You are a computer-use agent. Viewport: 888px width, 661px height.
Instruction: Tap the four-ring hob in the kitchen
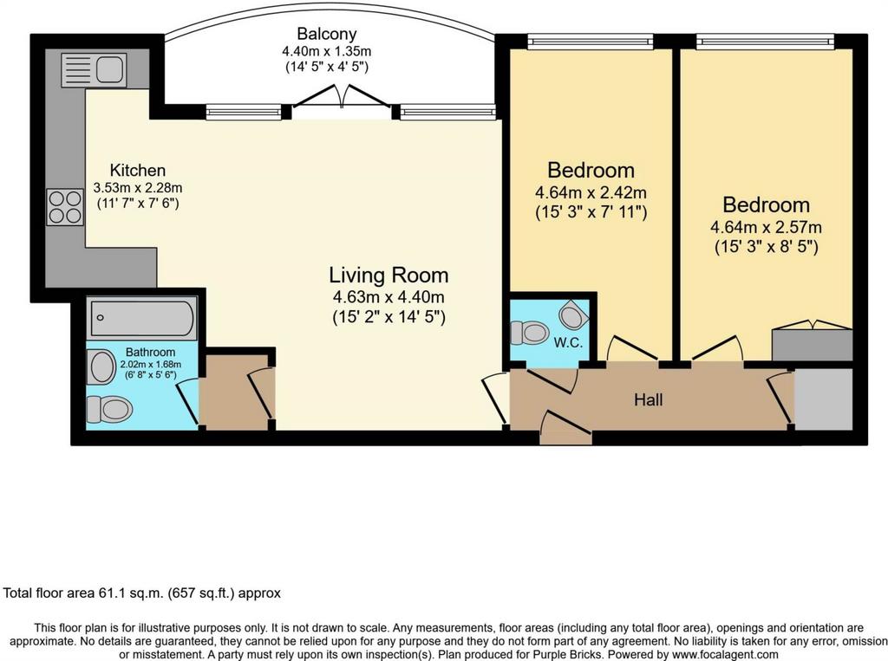click(x=65, y=207)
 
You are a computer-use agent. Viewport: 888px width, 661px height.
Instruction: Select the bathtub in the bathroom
click(x=141, y=318)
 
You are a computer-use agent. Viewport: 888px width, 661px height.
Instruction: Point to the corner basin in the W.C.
click(x=572, y=315)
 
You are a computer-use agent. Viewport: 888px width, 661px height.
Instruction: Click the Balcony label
click(x=327, y=34)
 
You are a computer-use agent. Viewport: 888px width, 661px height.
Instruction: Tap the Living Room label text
click(x=388, y=275)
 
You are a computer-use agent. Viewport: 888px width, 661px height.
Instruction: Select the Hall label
click(x=649, y=400)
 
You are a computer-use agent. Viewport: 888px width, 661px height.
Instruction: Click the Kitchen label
click(x=138, y=170)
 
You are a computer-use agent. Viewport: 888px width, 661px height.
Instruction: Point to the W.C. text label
click(x=568, y=343)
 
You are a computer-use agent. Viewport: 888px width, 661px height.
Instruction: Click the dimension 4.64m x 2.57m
click(x=766, y=228)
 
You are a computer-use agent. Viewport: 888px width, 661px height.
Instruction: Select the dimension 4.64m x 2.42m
click(x=591, y=193)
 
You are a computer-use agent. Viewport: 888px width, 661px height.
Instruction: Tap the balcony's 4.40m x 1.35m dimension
click(x=327, y=51)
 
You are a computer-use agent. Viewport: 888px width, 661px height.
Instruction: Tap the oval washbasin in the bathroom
click(x=102, y=366)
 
